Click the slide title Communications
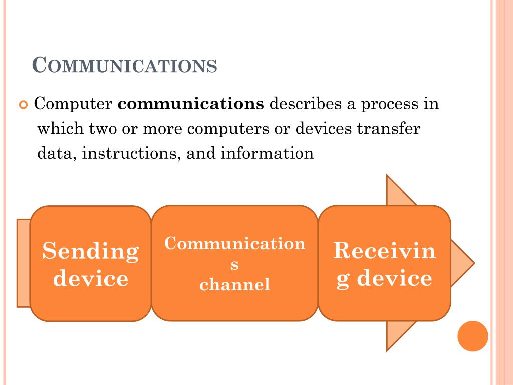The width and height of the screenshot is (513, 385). tap(125, 65)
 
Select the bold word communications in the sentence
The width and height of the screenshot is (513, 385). tap(191, 104)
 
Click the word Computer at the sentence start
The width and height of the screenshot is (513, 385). tap(73, 105)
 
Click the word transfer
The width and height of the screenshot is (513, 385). tap(389, 129)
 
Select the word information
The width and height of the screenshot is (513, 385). tap(267, 153)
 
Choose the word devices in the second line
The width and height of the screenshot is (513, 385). tap(324, 129)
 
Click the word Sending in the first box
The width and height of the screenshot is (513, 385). tap(91, 251)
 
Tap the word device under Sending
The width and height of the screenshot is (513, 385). tap(91, 278)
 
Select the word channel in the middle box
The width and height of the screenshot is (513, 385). tap(234, 285)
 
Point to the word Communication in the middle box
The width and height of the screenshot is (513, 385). tap(234, 244)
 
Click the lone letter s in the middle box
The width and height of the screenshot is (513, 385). tap(234, 265)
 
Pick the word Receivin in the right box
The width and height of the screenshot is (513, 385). tap(385, 250)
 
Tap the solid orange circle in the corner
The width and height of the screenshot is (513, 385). tap(473, 336)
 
